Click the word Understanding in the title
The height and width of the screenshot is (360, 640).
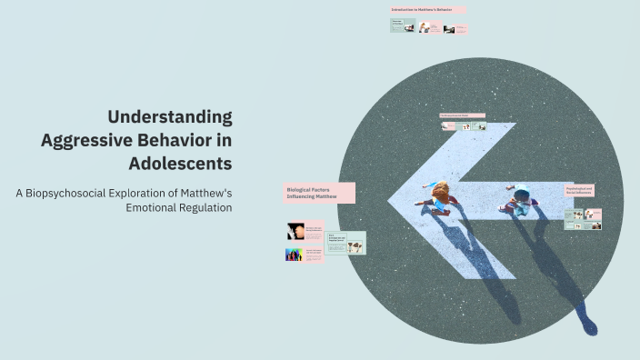coord(169,116)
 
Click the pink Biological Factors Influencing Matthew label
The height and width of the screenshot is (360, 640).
coord(318,193)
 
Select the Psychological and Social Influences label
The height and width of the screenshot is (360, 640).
coord(578,191)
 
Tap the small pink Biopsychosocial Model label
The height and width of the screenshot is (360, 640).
coord(461,115)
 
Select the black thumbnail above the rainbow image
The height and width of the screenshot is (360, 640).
coord(295,231)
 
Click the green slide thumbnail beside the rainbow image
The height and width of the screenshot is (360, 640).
coord(345,243)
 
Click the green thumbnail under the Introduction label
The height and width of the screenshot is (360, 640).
coord(403,25)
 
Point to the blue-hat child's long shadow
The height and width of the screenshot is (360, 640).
coord(564,273)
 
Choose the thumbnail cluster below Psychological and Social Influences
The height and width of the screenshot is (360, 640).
coord(582,219)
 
